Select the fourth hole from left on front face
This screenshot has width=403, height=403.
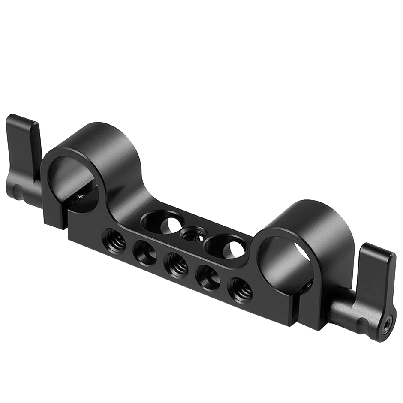[207, 276]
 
